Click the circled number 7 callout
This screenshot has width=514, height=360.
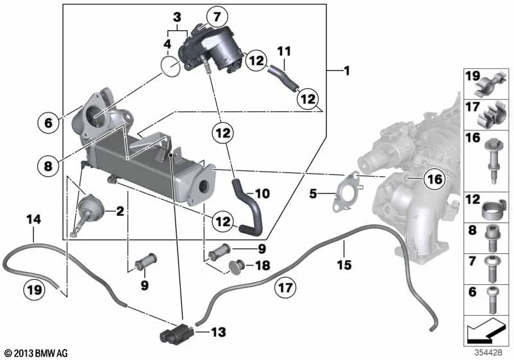click(x=217, y=17)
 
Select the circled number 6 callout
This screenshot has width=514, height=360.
click(x=48, y=123)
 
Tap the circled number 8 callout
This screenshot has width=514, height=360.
click(x=48, y=166)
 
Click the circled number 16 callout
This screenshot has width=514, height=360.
click(x=435, y=179)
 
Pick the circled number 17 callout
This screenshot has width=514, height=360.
click(x=285, y=288)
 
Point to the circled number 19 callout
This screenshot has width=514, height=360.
click(x=35, y=290)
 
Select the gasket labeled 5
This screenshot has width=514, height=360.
click(x=347, y=192)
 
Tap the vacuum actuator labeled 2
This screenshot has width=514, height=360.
click(x=90, y=208)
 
